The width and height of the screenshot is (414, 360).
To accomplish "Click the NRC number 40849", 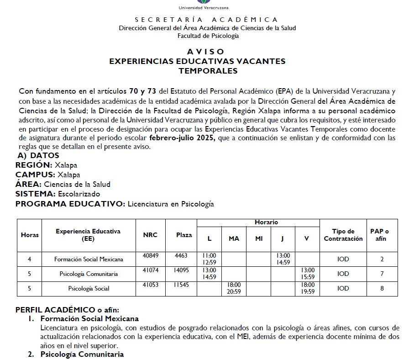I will tap(150, 256).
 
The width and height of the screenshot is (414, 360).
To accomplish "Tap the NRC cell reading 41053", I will tap(150, 285).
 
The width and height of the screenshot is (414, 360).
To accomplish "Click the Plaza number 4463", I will tap(181, 256).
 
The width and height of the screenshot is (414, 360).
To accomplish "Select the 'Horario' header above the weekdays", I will tap(266, 222).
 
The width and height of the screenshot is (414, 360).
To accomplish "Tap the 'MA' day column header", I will tap(234, 238).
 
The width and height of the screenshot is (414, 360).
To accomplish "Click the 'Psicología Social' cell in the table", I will tap(89, 288).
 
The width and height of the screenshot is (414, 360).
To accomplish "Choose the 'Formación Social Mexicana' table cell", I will tap(89, 259).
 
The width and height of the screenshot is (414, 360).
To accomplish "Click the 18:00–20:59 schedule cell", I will tap(234, 288).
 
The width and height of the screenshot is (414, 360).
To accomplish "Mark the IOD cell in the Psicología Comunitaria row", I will tap(343, 274).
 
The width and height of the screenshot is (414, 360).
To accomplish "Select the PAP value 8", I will tap(382, 288).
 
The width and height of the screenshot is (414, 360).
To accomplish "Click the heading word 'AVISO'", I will tap(205, 52).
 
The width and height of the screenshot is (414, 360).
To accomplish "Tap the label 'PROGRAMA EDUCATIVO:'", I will tap(70, 204).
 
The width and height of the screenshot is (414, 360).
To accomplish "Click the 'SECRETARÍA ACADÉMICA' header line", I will tap(206, 20).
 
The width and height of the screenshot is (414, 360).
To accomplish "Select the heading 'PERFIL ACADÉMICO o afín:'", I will tap(67, 310).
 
